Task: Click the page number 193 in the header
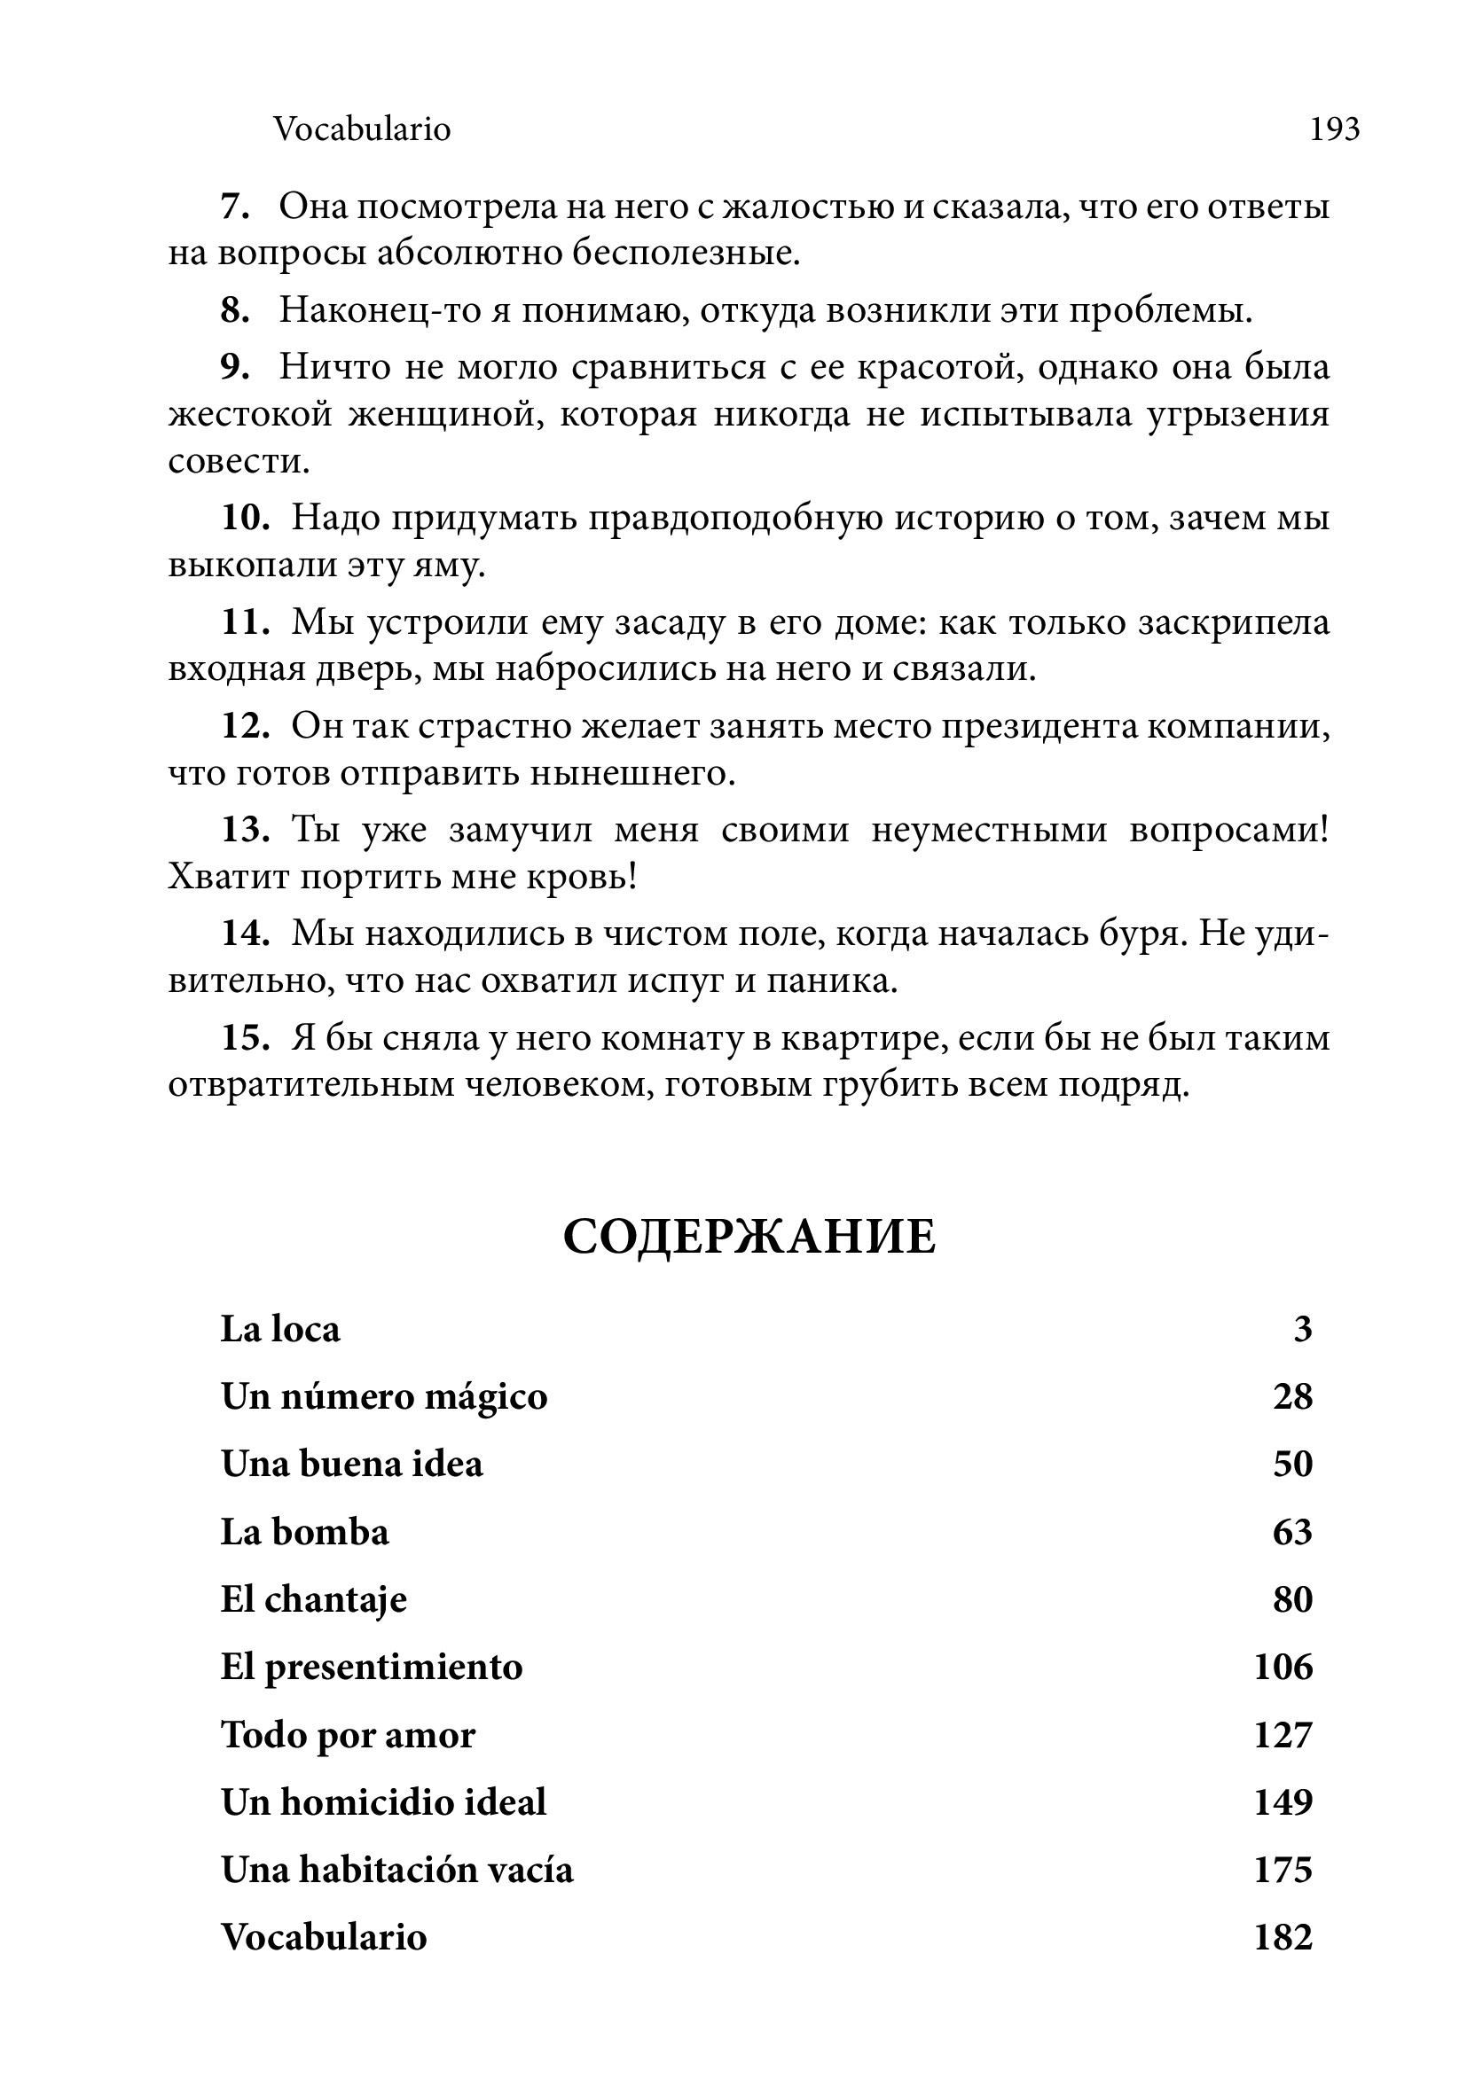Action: tap(1334, 129)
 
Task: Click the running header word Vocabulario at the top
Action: tap(362, 129)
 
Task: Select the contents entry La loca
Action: tap(280, 1329)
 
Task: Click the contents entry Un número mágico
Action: tap(384, 1397)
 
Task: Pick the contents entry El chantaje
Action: tap(314, 1599)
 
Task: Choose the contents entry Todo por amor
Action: tap(348, 1735)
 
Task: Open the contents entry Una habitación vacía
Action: tap(396, 1870)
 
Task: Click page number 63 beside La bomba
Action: tap(1292, 1532)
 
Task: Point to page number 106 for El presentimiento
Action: tap(1283, 1668)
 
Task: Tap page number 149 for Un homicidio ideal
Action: tap(1283, 1802)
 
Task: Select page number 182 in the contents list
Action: tap(1283, 1937)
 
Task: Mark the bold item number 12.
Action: tap(246, 727)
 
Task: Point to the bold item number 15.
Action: tap(246, 1039)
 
